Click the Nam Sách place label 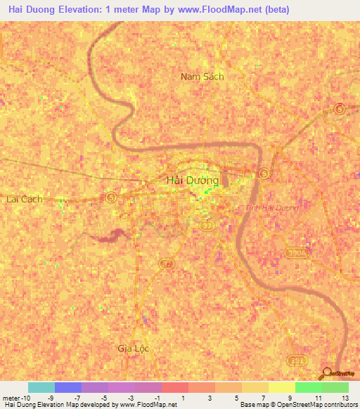(202, 76)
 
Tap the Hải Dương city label (192, 181)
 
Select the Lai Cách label (24, 199)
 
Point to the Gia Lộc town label (133, 349)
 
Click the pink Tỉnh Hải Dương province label (272, 208)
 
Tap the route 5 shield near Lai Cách (111, 197)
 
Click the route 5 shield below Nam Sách (340, 108)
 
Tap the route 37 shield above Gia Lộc (167, 264)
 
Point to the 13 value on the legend (345, 398)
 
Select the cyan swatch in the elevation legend (41, 387)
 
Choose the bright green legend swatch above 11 (308, 387)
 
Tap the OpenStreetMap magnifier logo (328, 374)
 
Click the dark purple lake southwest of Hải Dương (109, 237)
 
